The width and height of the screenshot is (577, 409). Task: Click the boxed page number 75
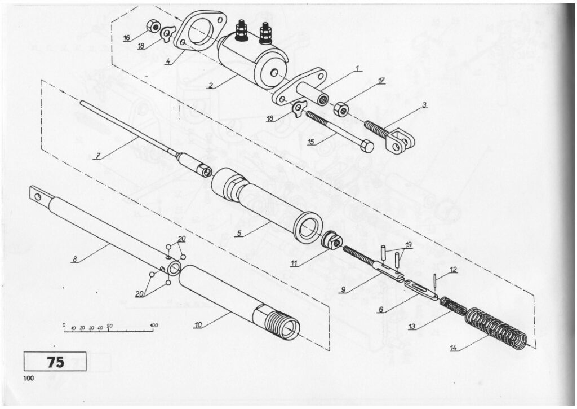(x=55, y=362)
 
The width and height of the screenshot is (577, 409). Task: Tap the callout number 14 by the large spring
(x=454, y=348)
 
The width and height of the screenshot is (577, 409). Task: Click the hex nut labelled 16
(x=152, y=27)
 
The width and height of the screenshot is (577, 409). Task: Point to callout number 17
(x=381, y=81)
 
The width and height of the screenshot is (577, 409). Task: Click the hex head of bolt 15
(x=366, y=146)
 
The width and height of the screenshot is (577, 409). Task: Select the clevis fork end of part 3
(x=401, y=142)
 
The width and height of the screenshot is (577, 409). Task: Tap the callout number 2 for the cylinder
(x=211, y=86)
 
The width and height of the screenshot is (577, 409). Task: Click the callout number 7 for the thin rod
(x=97, y=156)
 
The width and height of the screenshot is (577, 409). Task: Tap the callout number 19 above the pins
(x=409, y=245)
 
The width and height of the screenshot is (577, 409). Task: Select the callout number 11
(x=293, y=264)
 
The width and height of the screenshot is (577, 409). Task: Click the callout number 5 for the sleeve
(x=239, y=234)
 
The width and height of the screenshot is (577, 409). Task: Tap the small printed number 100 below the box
(x=28, y=378)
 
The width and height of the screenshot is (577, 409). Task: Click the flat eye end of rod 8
(x=38, y=195)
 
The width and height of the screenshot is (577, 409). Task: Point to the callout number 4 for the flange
(x=167, y=61)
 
